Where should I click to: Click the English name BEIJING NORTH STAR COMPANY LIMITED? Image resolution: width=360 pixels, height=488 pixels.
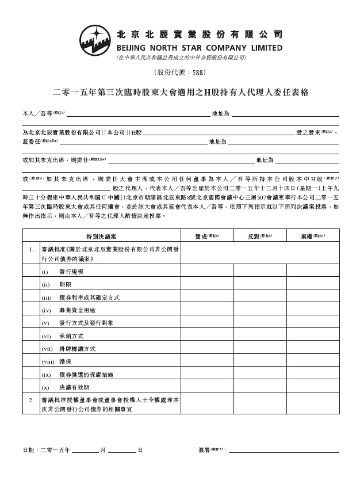tap(200, 48)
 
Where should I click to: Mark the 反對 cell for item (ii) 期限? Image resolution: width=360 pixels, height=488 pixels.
tap(259, 284)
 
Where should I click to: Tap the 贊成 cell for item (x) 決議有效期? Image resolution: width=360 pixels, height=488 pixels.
tap(208, 387)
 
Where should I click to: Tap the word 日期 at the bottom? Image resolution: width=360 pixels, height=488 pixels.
tap(28, 449)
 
